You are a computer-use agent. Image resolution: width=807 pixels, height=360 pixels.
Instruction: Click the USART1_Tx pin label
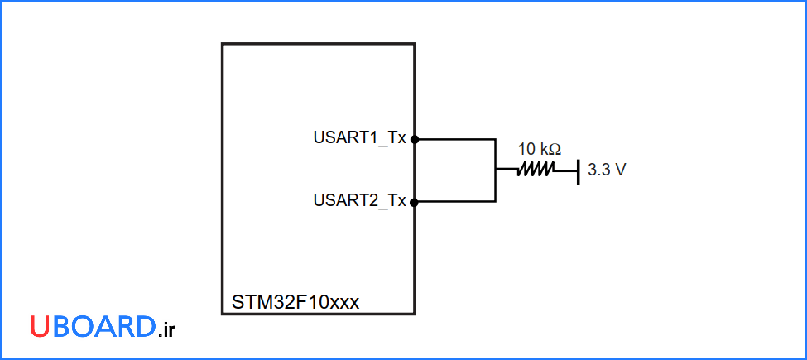coord(359,139)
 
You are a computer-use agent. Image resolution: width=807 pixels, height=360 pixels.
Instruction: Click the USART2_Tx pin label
coord(359,201)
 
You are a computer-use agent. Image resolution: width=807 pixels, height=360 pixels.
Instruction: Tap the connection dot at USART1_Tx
coord(415,139)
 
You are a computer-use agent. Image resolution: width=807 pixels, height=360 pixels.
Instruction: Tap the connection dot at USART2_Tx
coord(415,201)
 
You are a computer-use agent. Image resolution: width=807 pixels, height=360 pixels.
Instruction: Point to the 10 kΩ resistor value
coord(539,150)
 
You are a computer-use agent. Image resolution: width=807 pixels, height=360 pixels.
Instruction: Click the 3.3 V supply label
coord(606,170)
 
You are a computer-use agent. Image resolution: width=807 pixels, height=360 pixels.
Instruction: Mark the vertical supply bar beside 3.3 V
coord(578,170)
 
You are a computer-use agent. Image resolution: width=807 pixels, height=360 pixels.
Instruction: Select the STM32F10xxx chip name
coord(295,302)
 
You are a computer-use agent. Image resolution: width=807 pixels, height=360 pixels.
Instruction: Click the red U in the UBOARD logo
coord(41,327)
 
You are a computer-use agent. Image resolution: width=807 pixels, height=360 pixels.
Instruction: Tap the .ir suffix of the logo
coord(166,329)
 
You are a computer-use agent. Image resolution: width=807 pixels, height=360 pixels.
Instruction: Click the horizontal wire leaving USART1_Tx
coord(455,139)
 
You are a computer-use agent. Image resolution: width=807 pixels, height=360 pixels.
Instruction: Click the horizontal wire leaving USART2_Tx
coord(455,201)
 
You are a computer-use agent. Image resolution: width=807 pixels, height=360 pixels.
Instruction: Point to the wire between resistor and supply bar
coord(564,170)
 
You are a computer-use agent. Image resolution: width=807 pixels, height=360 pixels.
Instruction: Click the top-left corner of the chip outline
coord(223,44)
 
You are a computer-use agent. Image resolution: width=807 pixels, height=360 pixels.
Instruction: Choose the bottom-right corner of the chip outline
coord(414,314)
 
